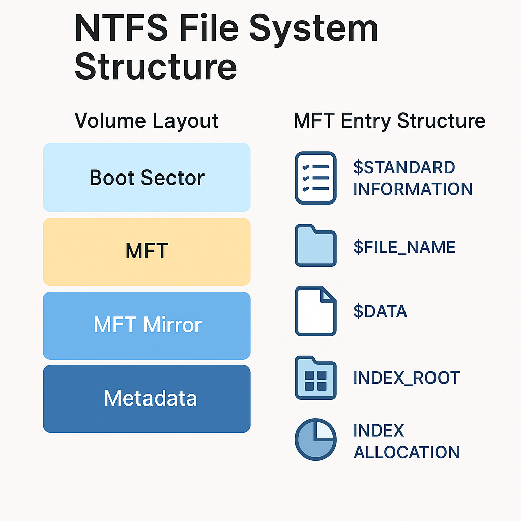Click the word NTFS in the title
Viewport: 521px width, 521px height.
coord(121,28)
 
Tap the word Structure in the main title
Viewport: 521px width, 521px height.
coord(156,67)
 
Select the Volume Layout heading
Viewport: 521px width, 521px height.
coord(147,121)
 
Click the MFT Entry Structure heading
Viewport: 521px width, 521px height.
coord(389,121)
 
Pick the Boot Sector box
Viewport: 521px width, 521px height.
coord(147,178)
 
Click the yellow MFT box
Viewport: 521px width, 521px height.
coord(147,251)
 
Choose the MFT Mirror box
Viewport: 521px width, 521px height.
coord(147,325)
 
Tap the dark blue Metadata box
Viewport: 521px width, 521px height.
coord(147,399)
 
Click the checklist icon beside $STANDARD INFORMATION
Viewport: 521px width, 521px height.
coord(315,178)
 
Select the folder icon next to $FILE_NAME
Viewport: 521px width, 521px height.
coord(315,246)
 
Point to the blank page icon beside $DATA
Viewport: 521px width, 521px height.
coord(315,311)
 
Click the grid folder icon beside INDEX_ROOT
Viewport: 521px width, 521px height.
coord(315,378)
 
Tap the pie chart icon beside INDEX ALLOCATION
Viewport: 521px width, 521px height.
coord(315,440)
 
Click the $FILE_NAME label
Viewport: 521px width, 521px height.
coord(404,248)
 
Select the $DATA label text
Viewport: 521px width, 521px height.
coord(380,312)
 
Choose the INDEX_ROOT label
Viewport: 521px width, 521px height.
coord(407,378)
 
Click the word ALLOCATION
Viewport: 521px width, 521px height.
coord(407,452)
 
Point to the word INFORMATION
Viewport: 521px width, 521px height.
coord(413,189)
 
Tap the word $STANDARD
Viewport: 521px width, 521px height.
coord(404,167)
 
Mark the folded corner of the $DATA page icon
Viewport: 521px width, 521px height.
coord(328,295)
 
